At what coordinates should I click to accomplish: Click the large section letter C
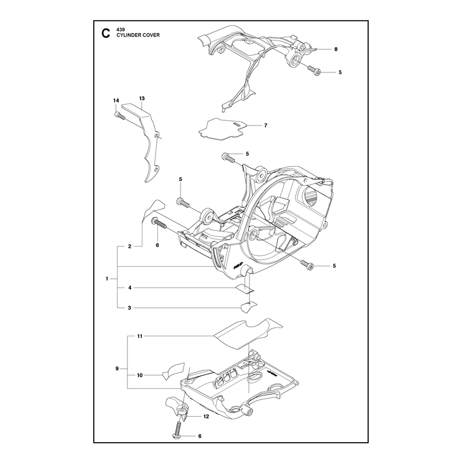pyautogui.click(x=105, y=33)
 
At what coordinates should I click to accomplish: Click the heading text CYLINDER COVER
pyautogui.click(x=138, y=35)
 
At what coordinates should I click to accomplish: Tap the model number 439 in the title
pyautogui.click(x=120, y=30)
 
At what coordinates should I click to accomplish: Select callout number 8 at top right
pyautogui.click(x=336, y=49)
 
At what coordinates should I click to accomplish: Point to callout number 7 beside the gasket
pyautogui.click(x=266, y=126)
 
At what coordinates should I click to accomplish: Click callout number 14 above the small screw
pyautogui.click(x=116, y=101)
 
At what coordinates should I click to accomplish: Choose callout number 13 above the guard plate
pyautogui.click(x=142, y=98)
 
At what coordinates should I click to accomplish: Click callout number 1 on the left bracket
pyautogui.click(x=107, y=279)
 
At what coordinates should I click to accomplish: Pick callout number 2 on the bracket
pyautogui.click(x=130, y=247)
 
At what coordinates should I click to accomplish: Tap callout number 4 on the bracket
pyautogui.click(x=130, y=288)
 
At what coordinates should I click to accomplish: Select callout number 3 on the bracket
pyautogui.click(x=129, y=308)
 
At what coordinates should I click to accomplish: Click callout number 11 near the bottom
pyautogui.click(x=139, y=336)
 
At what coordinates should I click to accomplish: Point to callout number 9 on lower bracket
pyautogui.click(x=117, y=369)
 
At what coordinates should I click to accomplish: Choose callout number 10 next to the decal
pyautogui.click(x=139, y=375)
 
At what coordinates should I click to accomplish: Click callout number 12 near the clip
pyautogui.click(x=206, y=417)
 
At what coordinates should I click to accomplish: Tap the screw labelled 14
pyautogui.click(x=120, y=116)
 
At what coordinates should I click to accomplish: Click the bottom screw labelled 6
pyautogui.click(x=178, y=428)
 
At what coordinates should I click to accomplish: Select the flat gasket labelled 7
pyautogui.click(x=222, y=129)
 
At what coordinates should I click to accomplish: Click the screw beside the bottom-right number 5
pyautogui.click(x=307, y=264)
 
